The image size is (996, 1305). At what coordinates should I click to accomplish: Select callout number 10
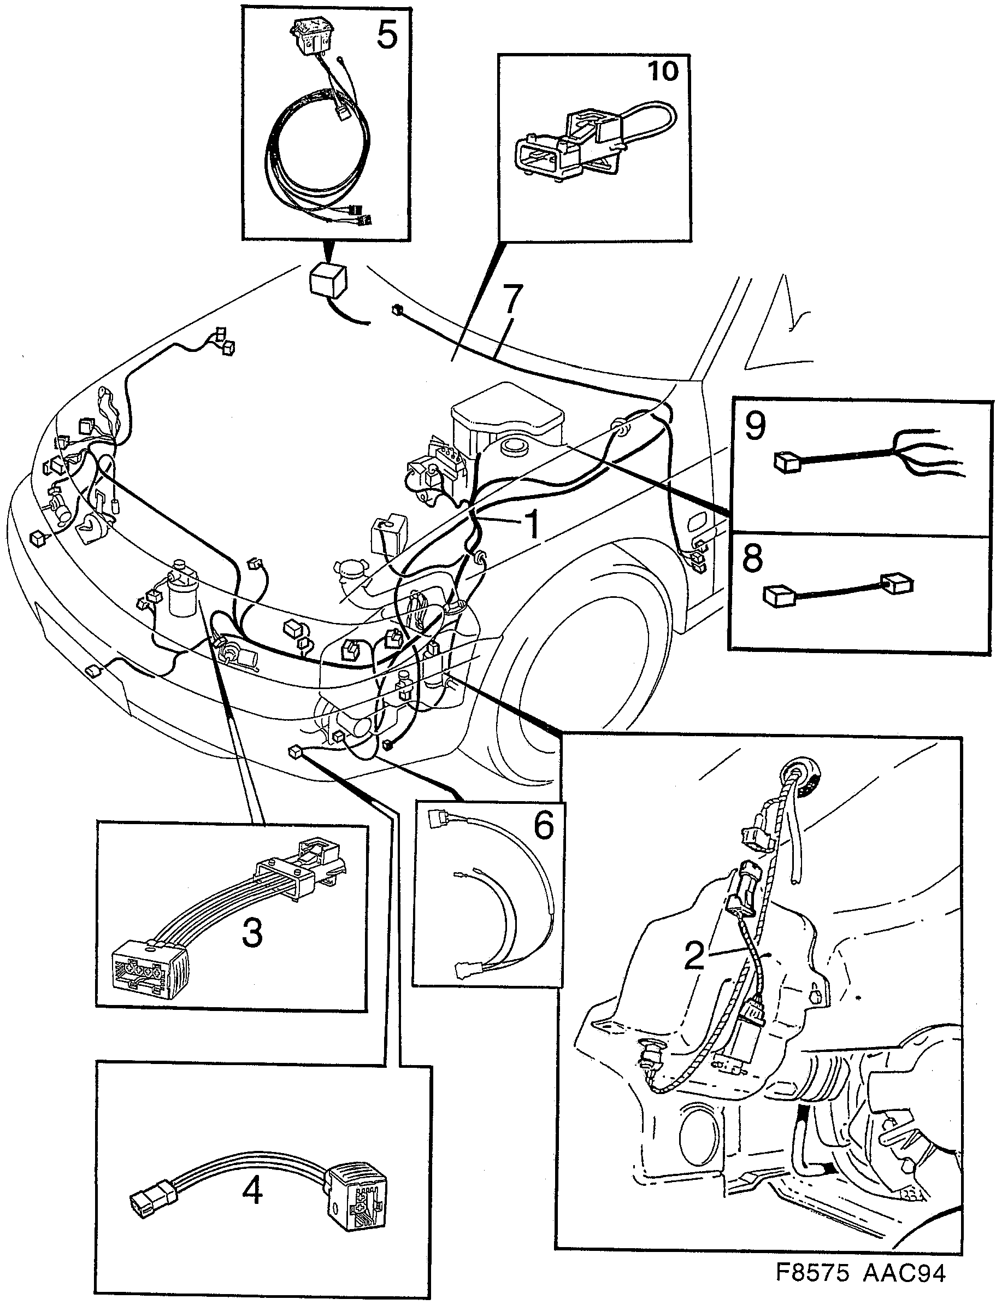663,71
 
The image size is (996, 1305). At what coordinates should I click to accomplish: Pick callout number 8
752,558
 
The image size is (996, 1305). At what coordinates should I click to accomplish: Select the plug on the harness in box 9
787,461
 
